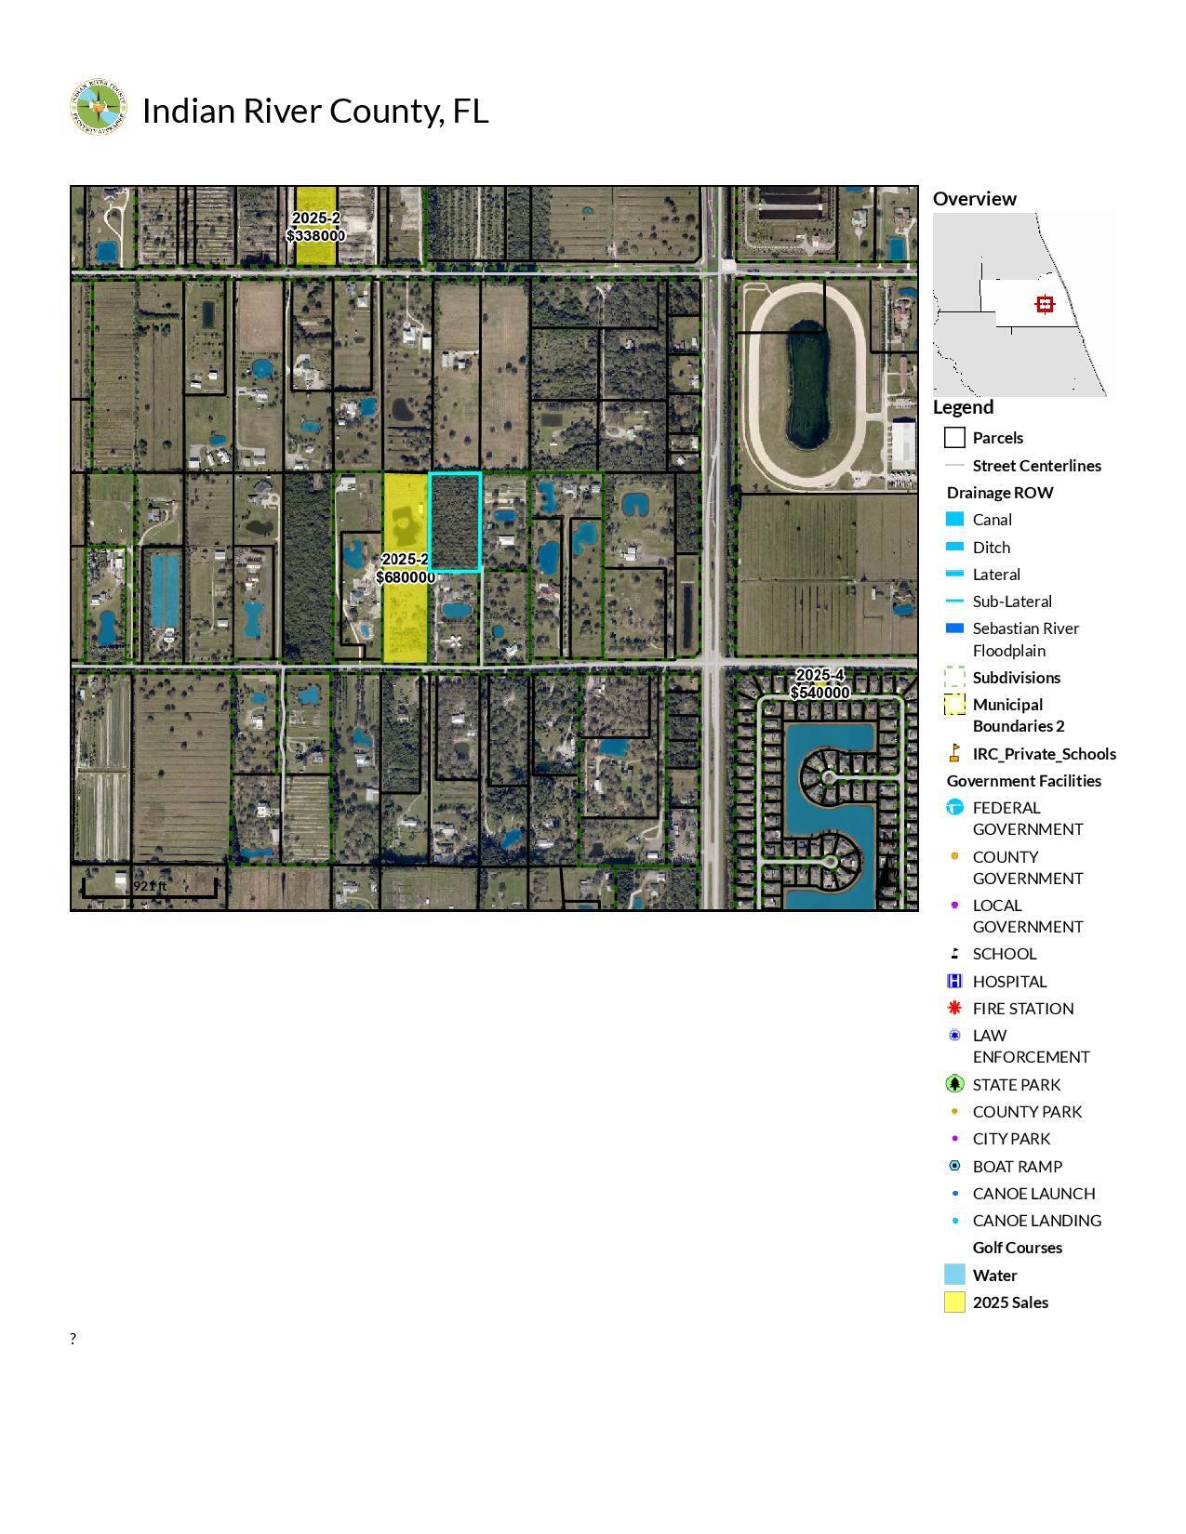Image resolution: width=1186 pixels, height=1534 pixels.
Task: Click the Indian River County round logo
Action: coord(98,108)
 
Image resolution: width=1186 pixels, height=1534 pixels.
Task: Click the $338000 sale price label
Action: coord(316,236)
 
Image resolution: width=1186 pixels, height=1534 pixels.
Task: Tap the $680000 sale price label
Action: coord(406,577)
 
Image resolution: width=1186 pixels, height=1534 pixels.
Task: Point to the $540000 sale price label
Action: coord(820,693)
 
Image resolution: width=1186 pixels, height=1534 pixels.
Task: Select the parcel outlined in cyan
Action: coord(455,522)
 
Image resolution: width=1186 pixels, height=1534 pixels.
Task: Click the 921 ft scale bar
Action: coord(150,887)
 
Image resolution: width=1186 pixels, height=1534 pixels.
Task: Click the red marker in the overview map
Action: coord(1045,304)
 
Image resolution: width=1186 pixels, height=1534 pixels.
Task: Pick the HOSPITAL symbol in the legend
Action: coord(953,981)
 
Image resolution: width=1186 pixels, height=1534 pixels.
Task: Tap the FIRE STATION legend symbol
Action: coord(953,1008)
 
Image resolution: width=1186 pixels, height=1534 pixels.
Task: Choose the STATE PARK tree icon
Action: coord(953,1084)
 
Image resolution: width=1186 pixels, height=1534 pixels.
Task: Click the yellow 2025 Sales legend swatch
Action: coord(954,1303)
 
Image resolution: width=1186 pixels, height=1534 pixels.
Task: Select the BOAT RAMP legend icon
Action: coord(953,1166)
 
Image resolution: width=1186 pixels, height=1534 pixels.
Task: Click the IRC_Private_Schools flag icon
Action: coord(953,753)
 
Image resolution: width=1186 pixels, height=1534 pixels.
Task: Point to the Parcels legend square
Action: coord(954,438)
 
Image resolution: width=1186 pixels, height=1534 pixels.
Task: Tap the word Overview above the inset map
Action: coord(974,199)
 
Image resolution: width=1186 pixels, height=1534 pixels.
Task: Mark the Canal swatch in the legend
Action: coord(954,520)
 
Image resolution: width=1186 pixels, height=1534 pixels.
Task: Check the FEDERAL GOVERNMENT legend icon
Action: coord(953,808)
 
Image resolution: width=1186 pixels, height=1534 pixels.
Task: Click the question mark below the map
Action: coord(73,1339)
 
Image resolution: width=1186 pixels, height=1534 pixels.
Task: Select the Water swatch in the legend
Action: coord(954,1275)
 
